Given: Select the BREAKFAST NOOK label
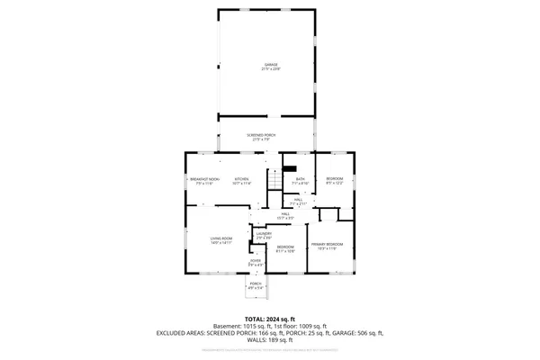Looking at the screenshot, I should (x=205, y=178).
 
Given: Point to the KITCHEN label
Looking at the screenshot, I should (x=242, y=178).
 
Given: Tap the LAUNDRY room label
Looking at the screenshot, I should (x=264, y=234).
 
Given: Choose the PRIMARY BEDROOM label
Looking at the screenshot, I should (x=327, y=244).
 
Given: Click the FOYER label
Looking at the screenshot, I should (x=256, y=261).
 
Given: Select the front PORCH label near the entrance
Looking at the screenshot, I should (x=256, y=283).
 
